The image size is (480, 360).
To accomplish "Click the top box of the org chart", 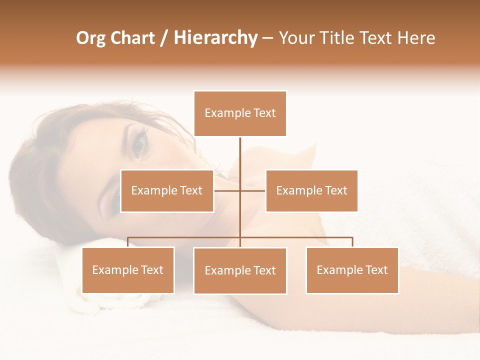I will click(x=240, y=113).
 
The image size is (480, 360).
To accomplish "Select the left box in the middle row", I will click(x=167, y=191).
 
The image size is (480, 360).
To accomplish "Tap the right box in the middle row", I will click(x=311, y=191).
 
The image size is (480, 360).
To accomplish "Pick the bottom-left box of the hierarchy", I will click(x=128, y=270).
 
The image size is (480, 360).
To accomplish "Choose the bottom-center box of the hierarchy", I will click(x=240, y=271).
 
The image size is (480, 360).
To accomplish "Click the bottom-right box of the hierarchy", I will click(x=352, y=270).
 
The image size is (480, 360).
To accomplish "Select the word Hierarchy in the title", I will click(x=215, y=38).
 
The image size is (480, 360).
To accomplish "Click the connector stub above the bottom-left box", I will click(x=128, y=242).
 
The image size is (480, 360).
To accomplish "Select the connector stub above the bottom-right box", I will click(x=352, y=242).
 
